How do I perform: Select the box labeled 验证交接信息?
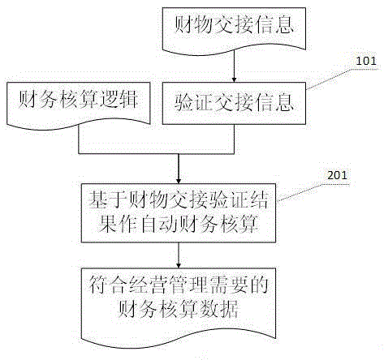(234, 103)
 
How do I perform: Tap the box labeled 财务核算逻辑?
(79, 104)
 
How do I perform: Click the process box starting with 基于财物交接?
(179, 213)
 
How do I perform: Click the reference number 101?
(366, 61)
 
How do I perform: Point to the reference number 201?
(337, 175)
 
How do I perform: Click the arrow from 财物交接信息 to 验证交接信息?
(235, 66)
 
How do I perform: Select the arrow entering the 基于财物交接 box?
(179, 169)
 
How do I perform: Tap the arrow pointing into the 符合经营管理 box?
(179, 255)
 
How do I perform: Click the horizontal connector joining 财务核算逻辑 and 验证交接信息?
(156, 154)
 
